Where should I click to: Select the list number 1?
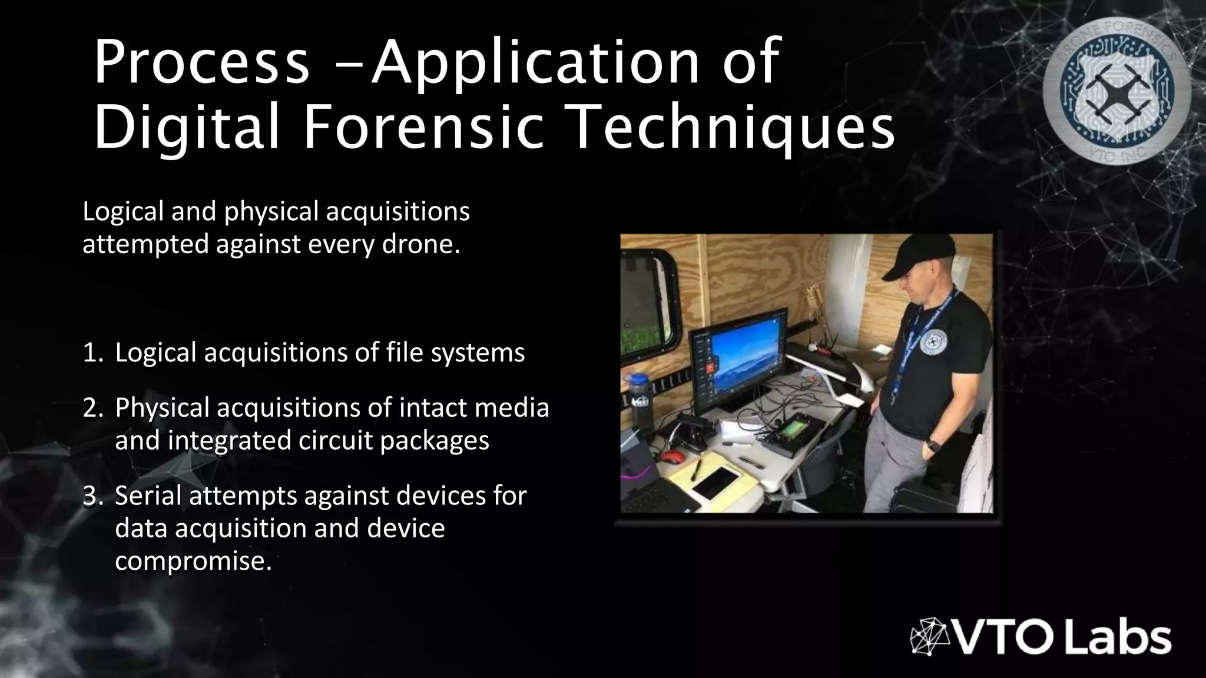click(x=93, y=353)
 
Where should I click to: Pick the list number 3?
click(x=93, y=496)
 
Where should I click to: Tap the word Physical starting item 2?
click(x=162, y=408)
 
